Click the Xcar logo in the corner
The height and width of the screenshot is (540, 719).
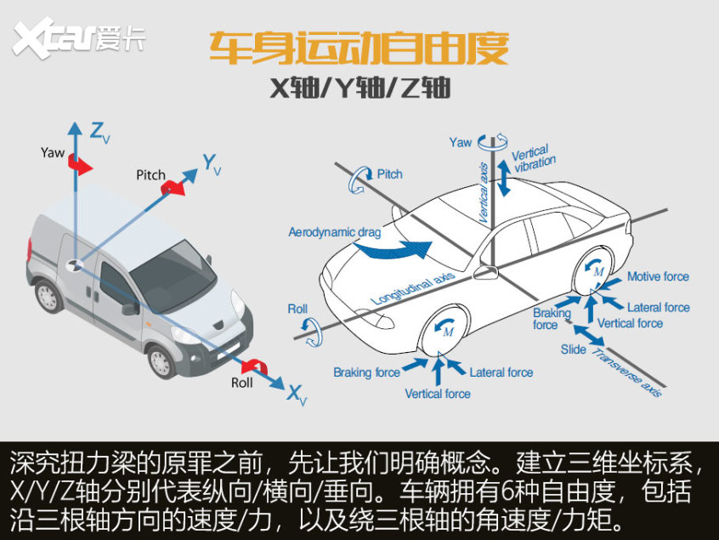click(x=76, y=39)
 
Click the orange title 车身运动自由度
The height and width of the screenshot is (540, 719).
click(x=359, y=49)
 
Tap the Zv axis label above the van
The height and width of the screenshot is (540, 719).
click(x=99, y=132)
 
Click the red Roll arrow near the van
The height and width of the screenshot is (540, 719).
click(x=252, y=367)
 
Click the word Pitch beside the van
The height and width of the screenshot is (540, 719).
click(x=151, y=175)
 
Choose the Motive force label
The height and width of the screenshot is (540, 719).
click(x=658, y=276)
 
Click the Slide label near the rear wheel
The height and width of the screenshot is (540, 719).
click(x=573, y=350)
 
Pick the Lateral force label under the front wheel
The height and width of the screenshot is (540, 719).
click(x=501, y=372)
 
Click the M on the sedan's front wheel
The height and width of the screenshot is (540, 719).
click(x=448, y=331)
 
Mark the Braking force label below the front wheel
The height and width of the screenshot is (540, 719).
click(x=366, y=372)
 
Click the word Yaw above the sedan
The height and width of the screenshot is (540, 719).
click(x=461, y=143)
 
